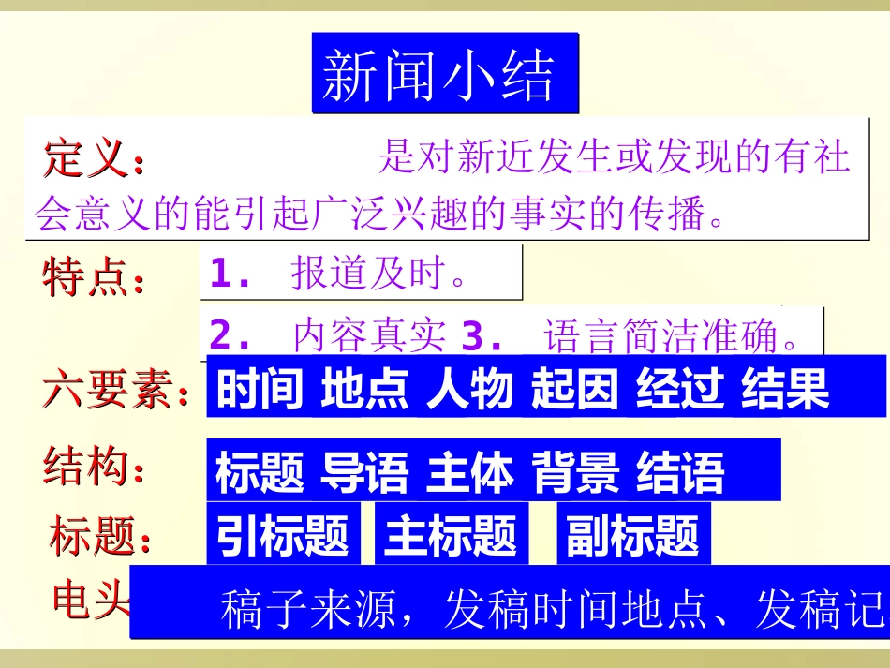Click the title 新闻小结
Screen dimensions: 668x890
[x=444, y=75]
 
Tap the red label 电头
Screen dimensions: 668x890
[x=90, y=600]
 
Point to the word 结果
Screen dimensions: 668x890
[x=786, y=389]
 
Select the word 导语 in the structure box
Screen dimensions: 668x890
[x=365, y=473]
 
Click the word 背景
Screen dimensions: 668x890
[x=576, y=473]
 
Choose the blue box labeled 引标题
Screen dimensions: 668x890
[x=283, y=535]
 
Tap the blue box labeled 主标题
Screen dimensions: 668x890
[x=452, y=535]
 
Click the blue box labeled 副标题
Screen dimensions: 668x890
[x=633, y=535]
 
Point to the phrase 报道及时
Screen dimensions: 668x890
[x=378, y=274]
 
